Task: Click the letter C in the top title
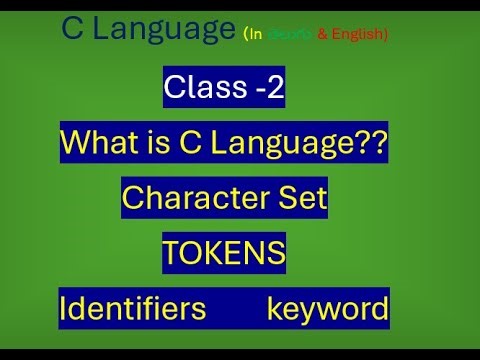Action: click(x=72, y=31)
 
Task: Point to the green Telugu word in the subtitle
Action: click(x=292, y=35)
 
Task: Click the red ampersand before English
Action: click(x=324, y=35)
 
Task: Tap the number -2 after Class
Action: click(x=267, y=90)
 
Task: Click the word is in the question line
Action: click(x=159, y=144)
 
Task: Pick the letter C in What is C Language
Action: click(x=193, y=144)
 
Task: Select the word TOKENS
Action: click(x=224, y=254)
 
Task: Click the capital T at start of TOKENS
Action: click(x=172, y=254)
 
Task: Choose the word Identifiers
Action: click(x=133, y=309)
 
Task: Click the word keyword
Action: click(x=327, y=309)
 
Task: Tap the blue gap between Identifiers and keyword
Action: click(x=236, y=309)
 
